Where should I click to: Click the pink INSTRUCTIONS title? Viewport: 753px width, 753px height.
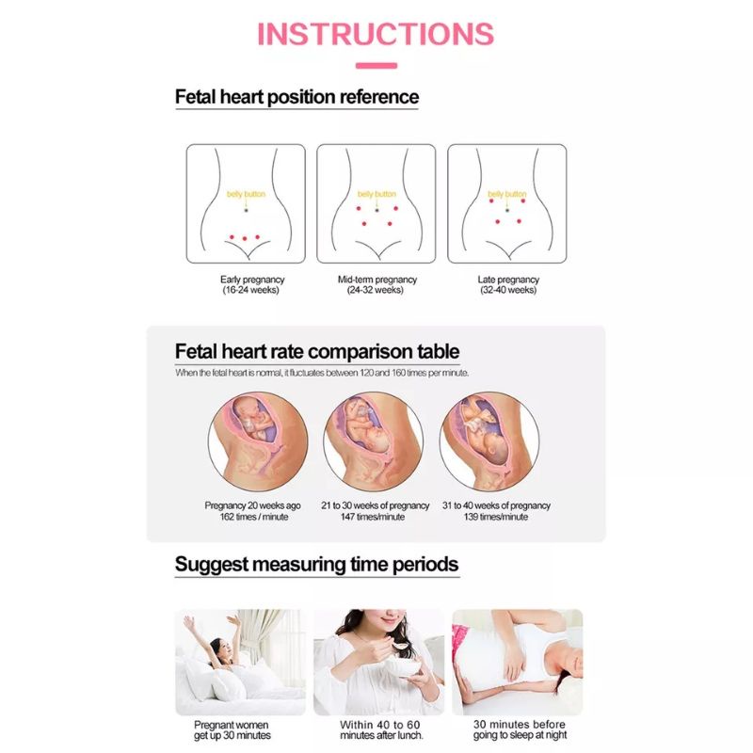pyautogui.click(x=376, y=33)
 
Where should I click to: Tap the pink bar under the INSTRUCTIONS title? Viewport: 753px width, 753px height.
pyautogui.click(x=376, y=66)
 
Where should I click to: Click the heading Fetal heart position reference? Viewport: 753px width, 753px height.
pyautogui.click(x=296, y=97)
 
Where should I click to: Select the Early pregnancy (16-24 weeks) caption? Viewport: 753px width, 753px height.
pyautogui.click(x=252, y=284)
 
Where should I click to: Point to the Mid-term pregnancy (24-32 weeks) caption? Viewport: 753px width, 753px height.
pyautogui.click(x=376, y=284)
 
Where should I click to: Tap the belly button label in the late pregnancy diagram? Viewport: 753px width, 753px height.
pyautogui.click(x=509, y=194)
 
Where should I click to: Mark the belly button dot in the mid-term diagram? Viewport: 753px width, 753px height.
pyautogui.click(x=376, y=210)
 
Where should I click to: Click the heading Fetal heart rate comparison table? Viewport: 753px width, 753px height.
pyautogui.click(x=317, y=352)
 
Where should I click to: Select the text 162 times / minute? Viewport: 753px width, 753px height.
pyautogui.click(x=252, y=517)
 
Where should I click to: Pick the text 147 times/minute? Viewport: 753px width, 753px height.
pyautogui.click(x=376, y=517)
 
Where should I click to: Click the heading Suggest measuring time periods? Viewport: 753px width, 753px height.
pyautogui.click(x=317, y=565)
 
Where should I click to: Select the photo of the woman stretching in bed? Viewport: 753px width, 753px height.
pyautogui.click(x=240, y=662)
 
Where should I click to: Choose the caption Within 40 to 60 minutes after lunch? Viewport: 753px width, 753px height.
pyautogui.click(x=381, y=729)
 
